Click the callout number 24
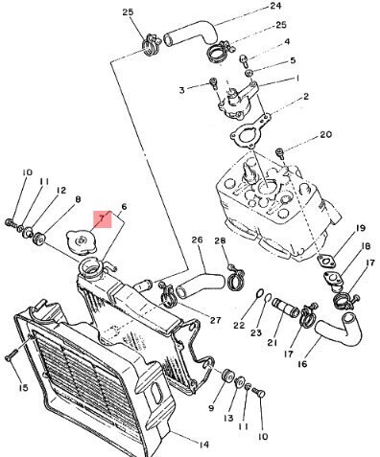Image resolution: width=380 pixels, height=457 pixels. pos(275,6)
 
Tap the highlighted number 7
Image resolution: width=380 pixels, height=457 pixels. pos(102,218)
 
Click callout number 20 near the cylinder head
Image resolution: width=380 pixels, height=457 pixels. pos(326,134)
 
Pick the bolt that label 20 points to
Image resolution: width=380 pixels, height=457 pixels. pos(280,153)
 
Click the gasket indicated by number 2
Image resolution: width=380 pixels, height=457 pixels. pos(250,131)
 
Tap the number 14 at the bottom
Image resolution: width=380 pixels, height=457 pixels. pos(203,445)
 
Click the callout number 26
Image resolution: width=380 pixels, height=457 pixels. pos(198,240)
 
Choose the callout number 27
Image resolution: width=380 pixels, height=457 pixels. pos(215,320)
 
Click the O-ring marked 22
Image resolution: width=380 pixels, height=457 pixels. pos(260,294)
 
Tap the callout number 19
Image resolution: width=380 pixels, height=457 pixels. pos(360,228)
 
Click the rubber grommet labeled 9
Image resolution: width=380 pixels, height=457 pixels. pos(227,377)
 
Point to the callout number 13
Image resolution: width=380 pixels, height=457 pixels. pos(228,418)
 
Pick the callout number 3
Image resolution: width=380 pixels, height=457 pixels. pos(181,90)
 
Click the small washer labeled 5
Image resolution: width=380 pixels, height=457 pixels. pos(249,73)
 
